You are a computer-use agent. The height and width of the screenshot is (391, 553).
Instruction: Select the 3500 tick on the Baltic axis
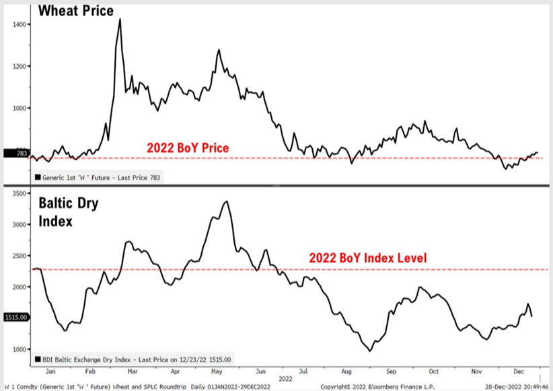(20, 193)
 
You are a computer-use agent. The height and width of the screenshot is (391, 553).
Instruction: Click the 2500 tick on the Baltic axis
(20, 256)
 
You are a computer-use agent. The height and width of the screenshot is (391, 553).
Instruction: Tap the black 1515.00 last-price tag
(14, 317)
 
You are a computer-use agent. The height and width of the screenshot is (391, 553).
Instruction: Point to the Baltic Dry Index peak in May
(227, 201)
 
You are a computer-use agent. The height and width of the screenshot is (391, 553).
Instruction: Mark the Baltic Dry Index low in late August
(369, 351)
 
